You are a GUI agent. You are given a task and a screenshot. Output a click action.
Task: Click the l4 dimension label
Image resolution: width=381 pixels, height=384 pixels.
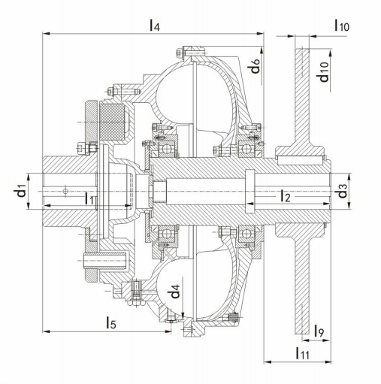155,26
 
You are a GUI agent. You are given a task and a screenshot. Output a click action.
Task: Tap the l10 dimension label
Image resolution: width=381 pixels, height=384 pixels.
342,26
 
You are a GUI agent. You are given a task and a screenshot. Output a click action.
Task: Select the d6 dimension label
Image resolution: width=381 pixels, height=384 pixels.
256,66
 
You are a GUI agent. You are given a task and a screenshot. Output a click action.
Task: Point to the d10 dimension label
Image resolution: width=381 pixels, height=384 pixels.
323,72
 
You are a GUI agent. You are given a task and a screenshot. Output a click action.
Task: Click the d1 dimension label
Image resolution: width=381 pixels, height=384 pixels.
20,190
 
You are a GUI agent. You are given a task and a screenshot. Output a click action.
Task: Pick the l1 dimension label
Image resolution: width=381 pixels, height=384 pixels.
89,198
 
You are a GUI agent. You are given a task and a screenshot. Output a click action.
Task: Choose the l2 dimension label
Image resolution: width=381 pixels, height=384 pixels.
285,195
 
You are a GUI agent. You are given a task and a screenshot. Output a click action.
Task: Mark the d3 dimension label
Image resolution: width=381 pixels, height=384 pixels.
342,191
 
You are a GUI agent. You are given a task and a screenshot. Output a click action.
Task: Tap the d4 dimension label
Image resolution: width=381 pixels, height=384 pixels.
175,292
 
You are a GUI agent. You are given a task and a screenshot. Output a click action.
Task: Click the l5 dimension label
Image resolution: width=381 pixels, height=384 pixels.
111,322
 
